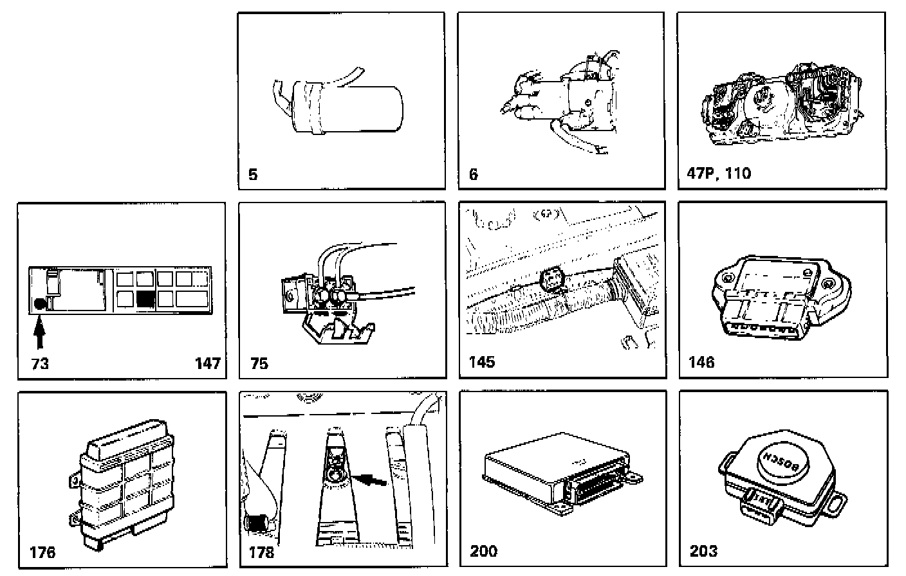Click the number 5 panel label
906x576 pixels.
(253, 174)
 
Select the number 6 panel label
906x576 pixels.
(474, 174)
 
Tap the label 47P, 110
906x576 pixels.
(719, 173)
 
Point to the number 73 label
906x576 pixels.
(40, 364)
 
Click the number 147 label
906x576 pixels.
(208, 364)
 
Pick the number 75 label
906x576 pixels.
(259, 364)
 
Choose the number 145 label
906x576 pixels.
(482, 362)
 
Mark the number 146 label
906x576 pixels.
(701, 362)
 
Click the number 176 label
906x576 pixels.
(42, 552)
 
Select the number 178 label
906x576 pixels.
(261, 552)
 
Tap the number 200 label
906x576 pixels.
(483, 551)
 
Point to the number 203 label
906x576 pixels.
(703, 551)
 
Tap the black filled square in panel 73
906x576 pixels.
(145, 300)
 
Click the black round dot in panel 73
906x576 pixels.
(40, 304)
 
